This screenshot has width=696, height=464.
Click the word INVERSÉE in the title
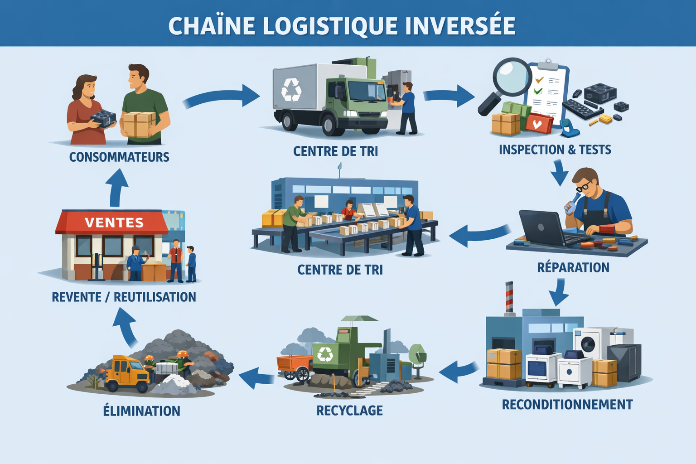[460, 26]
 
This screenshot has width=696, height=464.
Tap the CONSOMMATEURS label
[119, 157]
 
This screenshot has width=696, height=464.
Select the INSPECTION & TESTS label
[555, 150]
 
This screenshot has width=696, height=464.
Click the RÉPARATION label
[573, 268]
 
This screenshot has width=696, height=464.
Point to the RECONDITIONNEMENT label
[567, 405]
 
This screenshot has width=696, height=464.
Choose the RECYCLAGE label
[349, 411]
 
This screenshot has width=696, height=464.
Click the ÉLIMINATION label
[141, 411]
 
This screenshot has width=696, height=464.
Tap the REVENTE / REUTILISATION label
[124, 297]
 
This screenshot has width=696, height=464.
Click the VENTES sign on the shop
[114, 222]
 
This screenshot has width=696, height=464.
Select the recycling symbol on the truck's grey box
[291, 89]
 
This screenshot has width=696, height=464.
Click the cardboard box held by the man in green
[138, 124]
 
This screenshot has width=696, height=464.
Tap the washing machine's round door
[588, 344]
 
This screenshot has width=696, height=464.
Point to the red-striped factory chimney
[509, 297]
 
